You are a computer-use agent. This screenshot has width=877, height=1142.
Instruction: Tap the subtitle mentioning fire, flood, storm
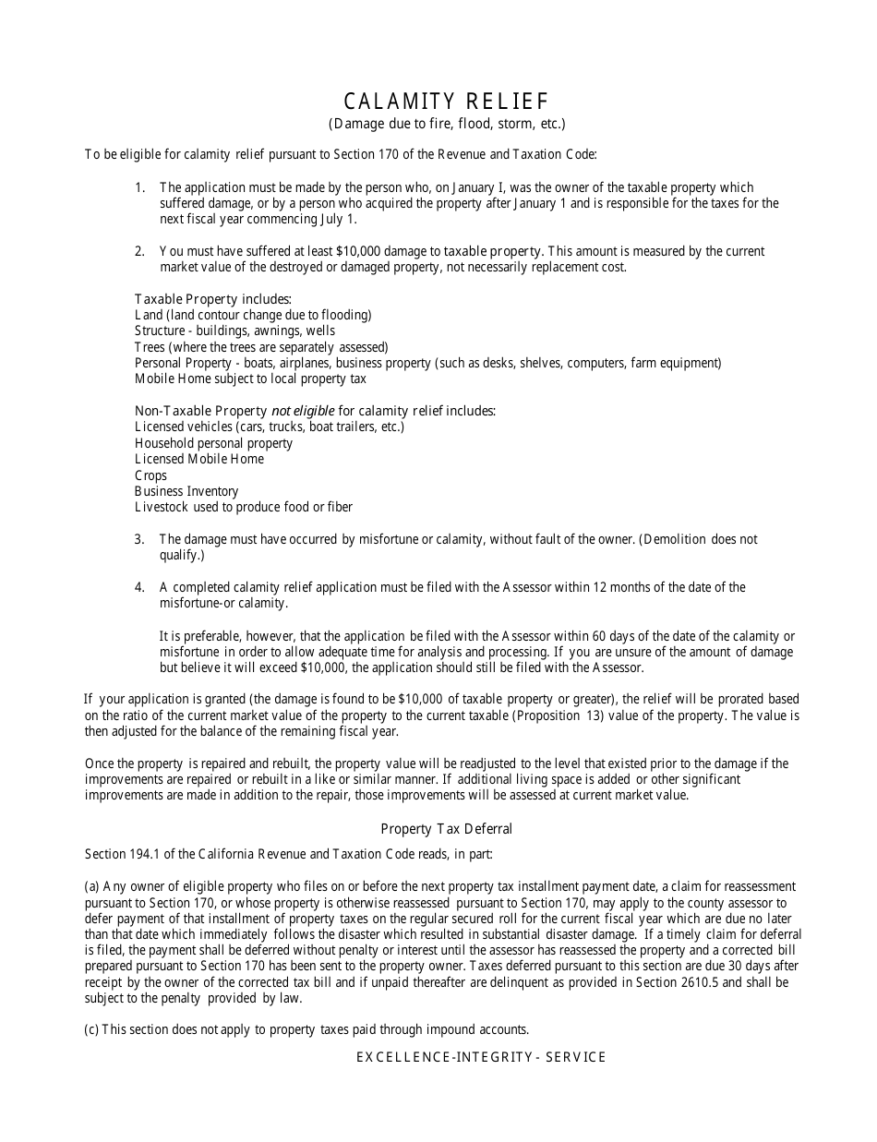(x=447, y=124)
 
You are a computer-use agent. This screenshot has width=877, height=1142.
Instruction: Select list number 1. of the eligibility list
(x=140, y=187)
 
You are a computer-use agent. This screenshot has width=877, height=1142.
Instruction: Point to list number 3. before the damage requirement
(x=140, y=539)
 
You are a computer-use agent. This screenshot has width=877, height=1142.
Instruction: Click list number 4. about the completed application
(x=140, y=587)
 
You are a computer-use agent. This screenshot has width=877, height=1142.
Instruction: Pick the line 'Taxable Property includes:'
(x=213, y=299)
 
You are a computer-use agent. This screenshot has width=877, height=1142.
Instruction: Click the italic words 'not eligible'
(x=303, y=411)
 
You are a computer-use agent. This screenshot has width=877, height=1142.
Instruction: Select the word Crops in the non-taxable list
(x=150, y=475)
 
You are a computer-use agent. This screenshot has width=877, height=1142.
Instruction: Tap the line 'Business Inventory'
(x=186, y=491)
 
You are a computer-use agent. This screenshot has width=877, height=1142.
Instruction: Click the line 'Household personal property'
(x=213, y=443)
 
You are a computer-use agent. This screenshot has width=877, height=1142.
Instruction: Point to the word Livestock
(x=162, y=507)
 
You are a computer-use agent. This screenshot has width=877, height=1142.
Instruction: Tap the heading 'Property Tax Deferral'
(x=447, y=829)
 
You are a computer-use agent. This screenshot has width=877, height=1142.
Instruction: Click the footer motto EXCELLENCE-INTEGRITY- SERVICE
(x=481, y=1057)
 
